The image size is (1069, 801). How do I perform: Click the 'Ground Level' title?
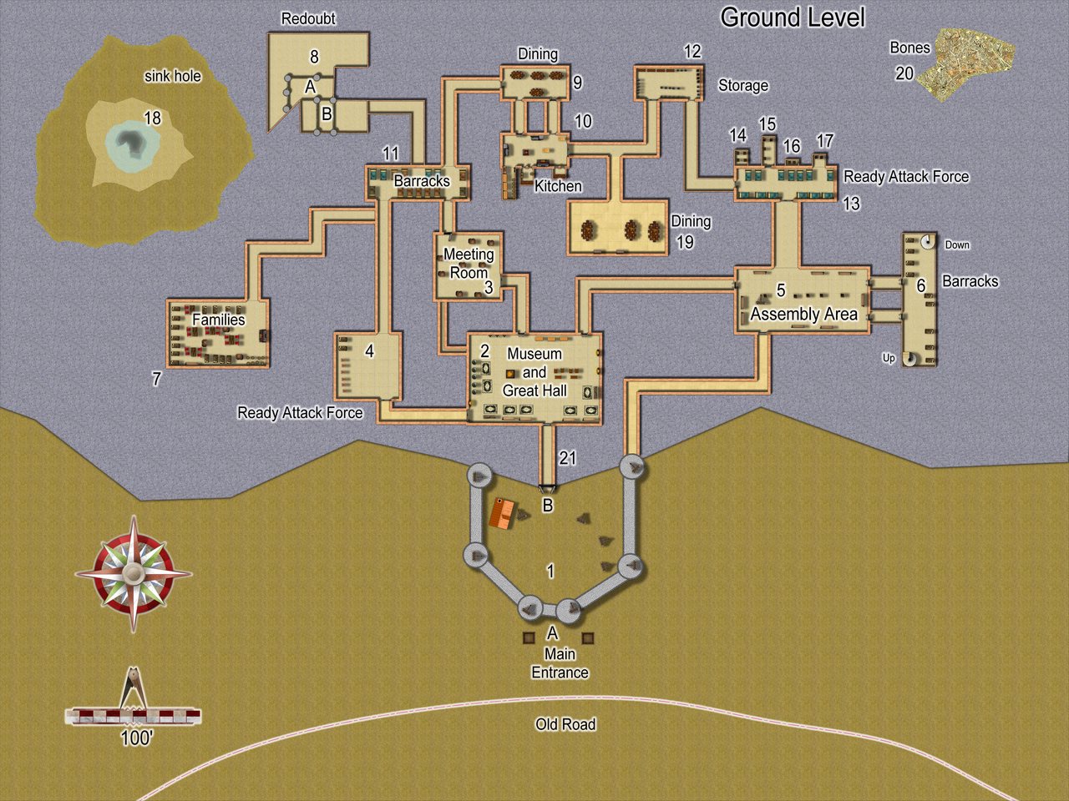pyautogui.click(x=792, y=18)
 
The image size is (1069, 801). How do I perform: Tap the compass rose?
pyautogui.click(x=134, y=573)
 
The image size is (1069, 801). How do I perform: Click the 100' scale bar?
pyautogui.click(x=134, y=715)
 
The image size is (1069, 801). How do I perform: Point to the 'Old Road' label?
pyautogui.click(x=565, y=724)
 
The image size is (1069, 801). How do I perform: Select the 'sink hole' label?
pyautogui.click(x=173, y=76)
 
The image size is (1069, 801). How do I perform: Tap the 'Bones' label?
pyautogui.click(x=909, y=48)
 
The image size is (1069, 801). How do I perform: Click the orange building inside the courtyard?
pyautogui.click(x=501, y=514)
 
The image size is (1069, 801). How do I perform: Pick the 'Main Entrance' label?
pyautogui.click(x=560, y=663)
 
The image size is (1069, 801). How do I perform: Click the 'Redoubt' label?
pyautogui.click(x=308, y=18)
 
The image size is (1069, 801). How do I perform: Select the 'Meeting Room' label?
pyautogui.click(x=469, y=263)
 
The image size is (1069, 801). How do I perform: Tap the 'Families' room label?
pyautogui.click(x=219, y=320)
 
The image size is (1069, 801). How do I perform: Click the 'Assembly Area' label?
pyautogui.click(x=803, y=314)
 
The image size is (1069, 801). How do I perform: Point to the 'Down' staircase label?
pyautogui.click(x=957, y=244)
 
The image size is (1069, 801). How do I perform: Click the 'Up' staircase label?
pyautogui.click(x=889, y=358)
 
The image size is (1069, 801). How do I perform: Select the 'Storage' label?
pyautogui.click(x=743, y=85)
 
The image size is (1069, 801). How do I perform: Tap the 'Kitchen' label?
pyautogui.click(x=558, y=186)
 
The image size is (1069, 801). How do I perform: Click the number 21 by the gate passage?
pyautogui.click(x=568, y=458)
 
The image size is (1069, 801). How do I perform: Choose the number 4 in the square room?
pyautogui.click(x=369, y=351)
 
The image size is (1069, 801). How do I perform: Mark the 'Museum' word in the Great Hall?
pyautogui.click(x=534, y=354)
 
